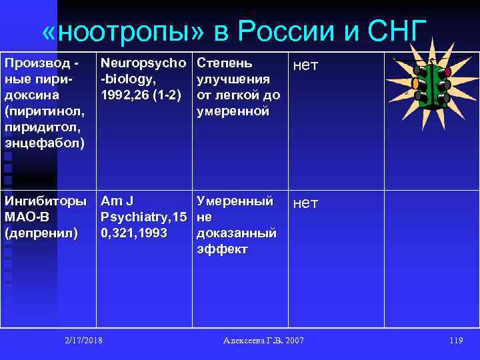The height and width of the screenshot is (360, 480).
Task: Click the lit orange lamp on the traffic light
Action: (415, 85)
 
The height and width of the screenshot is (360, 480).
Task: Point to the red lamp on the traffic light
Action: (447, 71)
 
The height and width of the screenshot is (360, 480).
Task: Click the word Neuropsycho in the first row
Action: (143, 63)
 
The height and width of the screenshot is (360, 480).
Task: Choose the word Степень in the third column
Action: (225, 63)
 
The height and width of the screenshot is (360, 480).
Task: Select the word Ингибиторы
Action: (45, 201)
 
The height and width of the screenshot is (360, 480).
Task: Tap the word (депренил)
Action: (41, 233)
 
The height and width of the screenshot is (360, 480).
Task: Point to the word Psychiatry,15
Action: (143, 217)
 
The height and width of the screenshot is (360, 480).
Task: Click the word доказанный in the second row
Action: (237, 233)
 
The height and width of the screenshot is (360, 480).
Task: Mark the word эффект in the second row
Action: (222, 249)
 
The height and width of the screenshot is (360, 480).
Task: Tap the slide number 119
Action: (456, 341)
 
